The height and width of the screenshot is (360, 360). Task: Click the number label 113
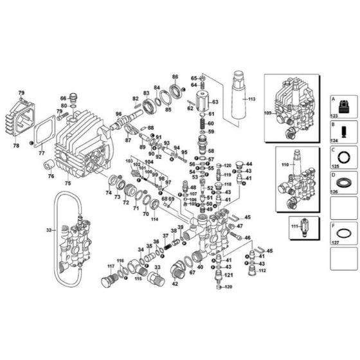(x=251, y=100)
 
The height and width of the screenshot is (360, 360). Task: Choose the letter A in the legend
(x=333, y=100)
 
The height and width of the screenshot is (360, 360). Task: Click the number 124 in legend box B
(x=334, y=139)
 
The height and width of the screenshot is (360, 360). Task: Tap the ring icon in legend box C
(x=343, y=156)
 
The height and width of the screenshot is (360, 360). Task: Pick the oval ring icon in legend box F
(x=343, y=233)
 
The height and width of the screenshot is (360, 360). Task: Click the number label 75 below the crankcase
(x=67, y=183)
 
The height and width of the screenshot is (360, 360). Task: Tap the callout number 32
(x=48, y=228)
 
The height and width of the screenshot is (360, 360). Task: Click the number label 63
(x=215, y=102)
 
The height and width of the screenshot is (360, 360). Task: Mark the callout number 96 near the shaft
(x=118, y=115)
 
